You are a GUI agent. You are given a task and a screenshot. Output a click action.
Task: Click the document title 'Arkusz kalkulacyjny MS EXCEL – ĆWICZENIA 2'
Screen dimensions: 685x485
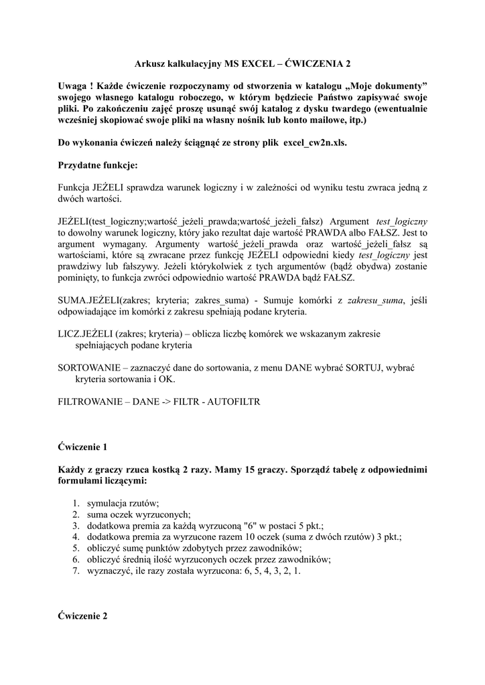(x=242, y=64)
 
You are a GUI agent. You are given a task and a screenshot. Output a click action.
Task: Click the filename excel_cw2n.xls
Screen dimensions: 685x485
(x=315, y=143)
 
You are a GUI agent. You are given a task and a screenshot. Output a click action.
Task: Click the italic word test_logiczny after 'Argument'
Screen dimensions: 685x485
(x=402, y=221)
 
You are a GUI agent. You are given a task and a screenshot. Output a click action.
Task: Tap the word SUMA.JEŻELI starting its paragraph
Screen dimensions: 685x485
(x=88, y=301)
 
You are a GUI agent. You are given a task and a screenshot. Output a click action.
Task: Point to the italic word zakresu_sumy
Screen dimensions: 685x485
(x=376, y=301)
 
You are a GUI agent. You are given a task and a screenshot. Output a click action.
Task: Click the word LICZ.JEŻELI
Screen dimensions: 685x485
(x=84, y=333)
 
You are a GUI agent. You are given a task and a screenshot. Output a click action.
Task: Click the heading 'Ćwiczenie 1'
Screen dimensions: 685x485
(x=82, y=446)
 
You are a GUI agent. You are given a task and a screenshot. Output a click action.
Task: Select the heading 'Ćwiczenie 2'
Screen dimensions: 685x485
(x=82, y=616)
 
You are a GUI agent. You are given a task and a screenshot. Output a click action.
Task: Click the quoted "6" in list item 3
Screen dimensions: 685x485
(x=252, y=526)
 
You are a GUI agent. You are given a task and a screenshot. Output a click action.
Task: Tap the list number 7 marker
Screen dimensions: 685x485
(x=76, y=572)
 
